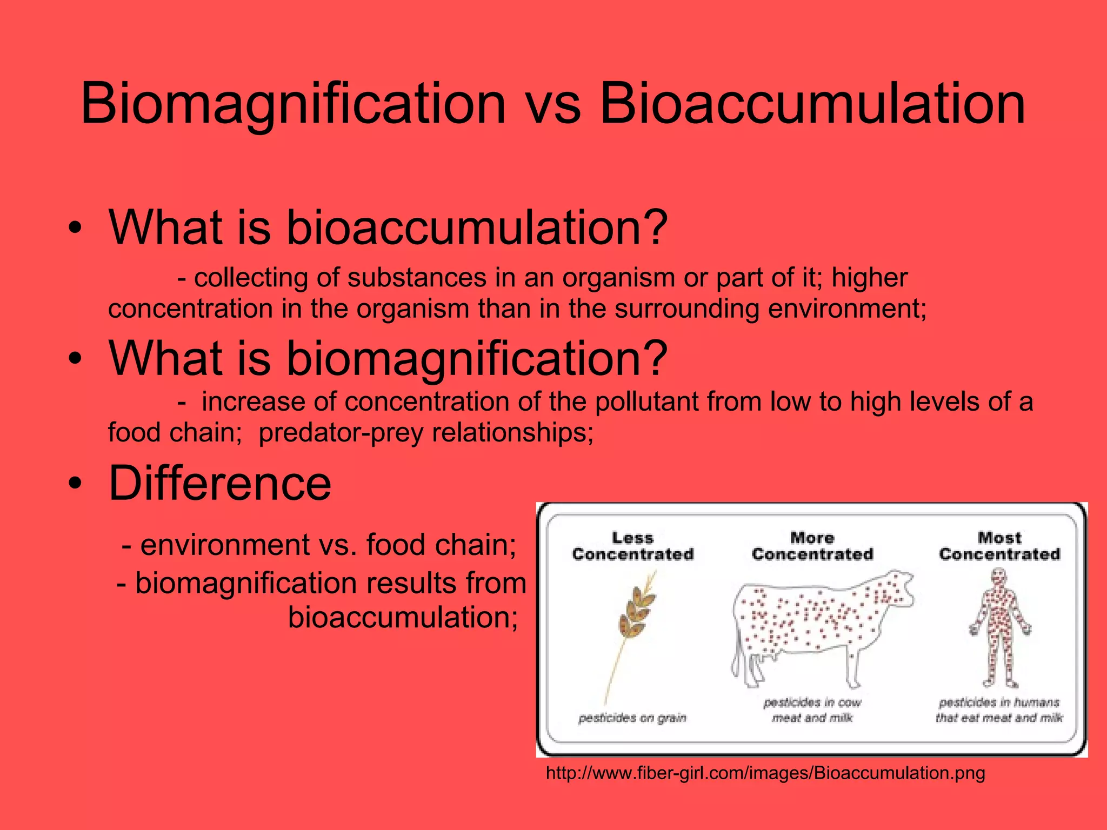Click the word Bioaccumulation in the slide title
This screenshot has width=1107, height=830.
tap(812, 104)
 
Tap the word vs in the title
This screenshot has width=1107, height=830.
tap(552, 105)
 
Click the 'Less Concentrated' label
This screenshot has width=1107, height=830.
tap(632, 546)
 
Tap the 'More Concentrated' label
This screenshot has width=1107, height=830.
tap(812, 546)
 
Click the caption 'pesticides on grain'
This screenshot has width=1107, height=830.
tap(632, 718)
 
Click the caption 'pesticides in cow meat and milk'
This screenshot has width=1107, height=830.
tap(812, 710)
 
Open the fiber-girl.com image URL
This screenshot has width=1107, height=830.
tap(765, 773)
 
